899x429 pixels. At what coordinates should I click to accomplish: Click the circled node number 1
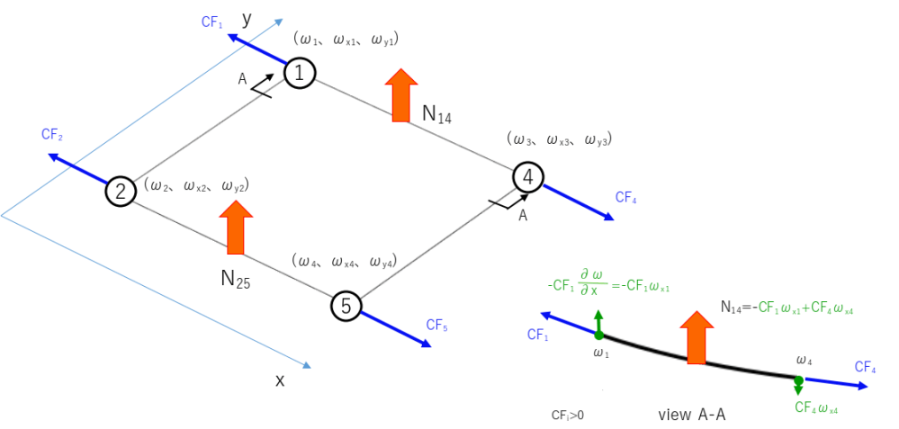tap(300, 72)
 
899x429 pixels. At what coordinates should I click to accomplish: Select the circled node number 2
tap(120, 191)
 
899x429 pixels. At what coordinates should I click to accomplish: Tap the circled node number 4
tap(528, 177)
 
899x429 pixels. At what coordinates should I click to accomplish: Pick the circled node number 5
tap(346, 307)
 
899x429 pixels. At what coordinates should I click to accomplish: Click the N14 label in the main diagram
tap(436, 113)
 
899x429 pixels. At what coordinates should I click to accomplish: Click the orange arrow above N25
tap(236, 227)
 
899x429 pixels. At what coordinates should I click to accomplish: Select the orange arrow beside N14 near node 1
tap(397, 94)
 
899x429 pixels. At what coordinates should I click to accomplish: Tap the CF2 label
tap(51, 135)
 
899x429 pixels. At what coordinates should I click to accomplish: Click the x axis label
tap(280, 380)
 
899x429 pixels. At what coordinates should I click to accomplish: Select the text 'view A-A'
tap(692, 415)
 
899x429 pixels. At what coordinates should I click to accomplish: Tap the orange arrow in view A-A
tap(696, 336)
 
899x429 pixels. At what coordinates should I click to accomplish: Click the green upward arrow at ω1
tap(599, 322)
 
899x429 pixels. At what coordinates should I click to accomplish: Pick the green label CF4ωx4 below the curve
tap(817, 407)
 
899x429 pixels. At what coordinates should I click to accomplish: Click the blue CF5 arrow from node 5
tap(396, 328)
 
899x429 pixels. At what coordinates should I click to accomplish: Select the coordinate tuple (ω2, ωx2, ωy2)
tap(196, 185)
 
